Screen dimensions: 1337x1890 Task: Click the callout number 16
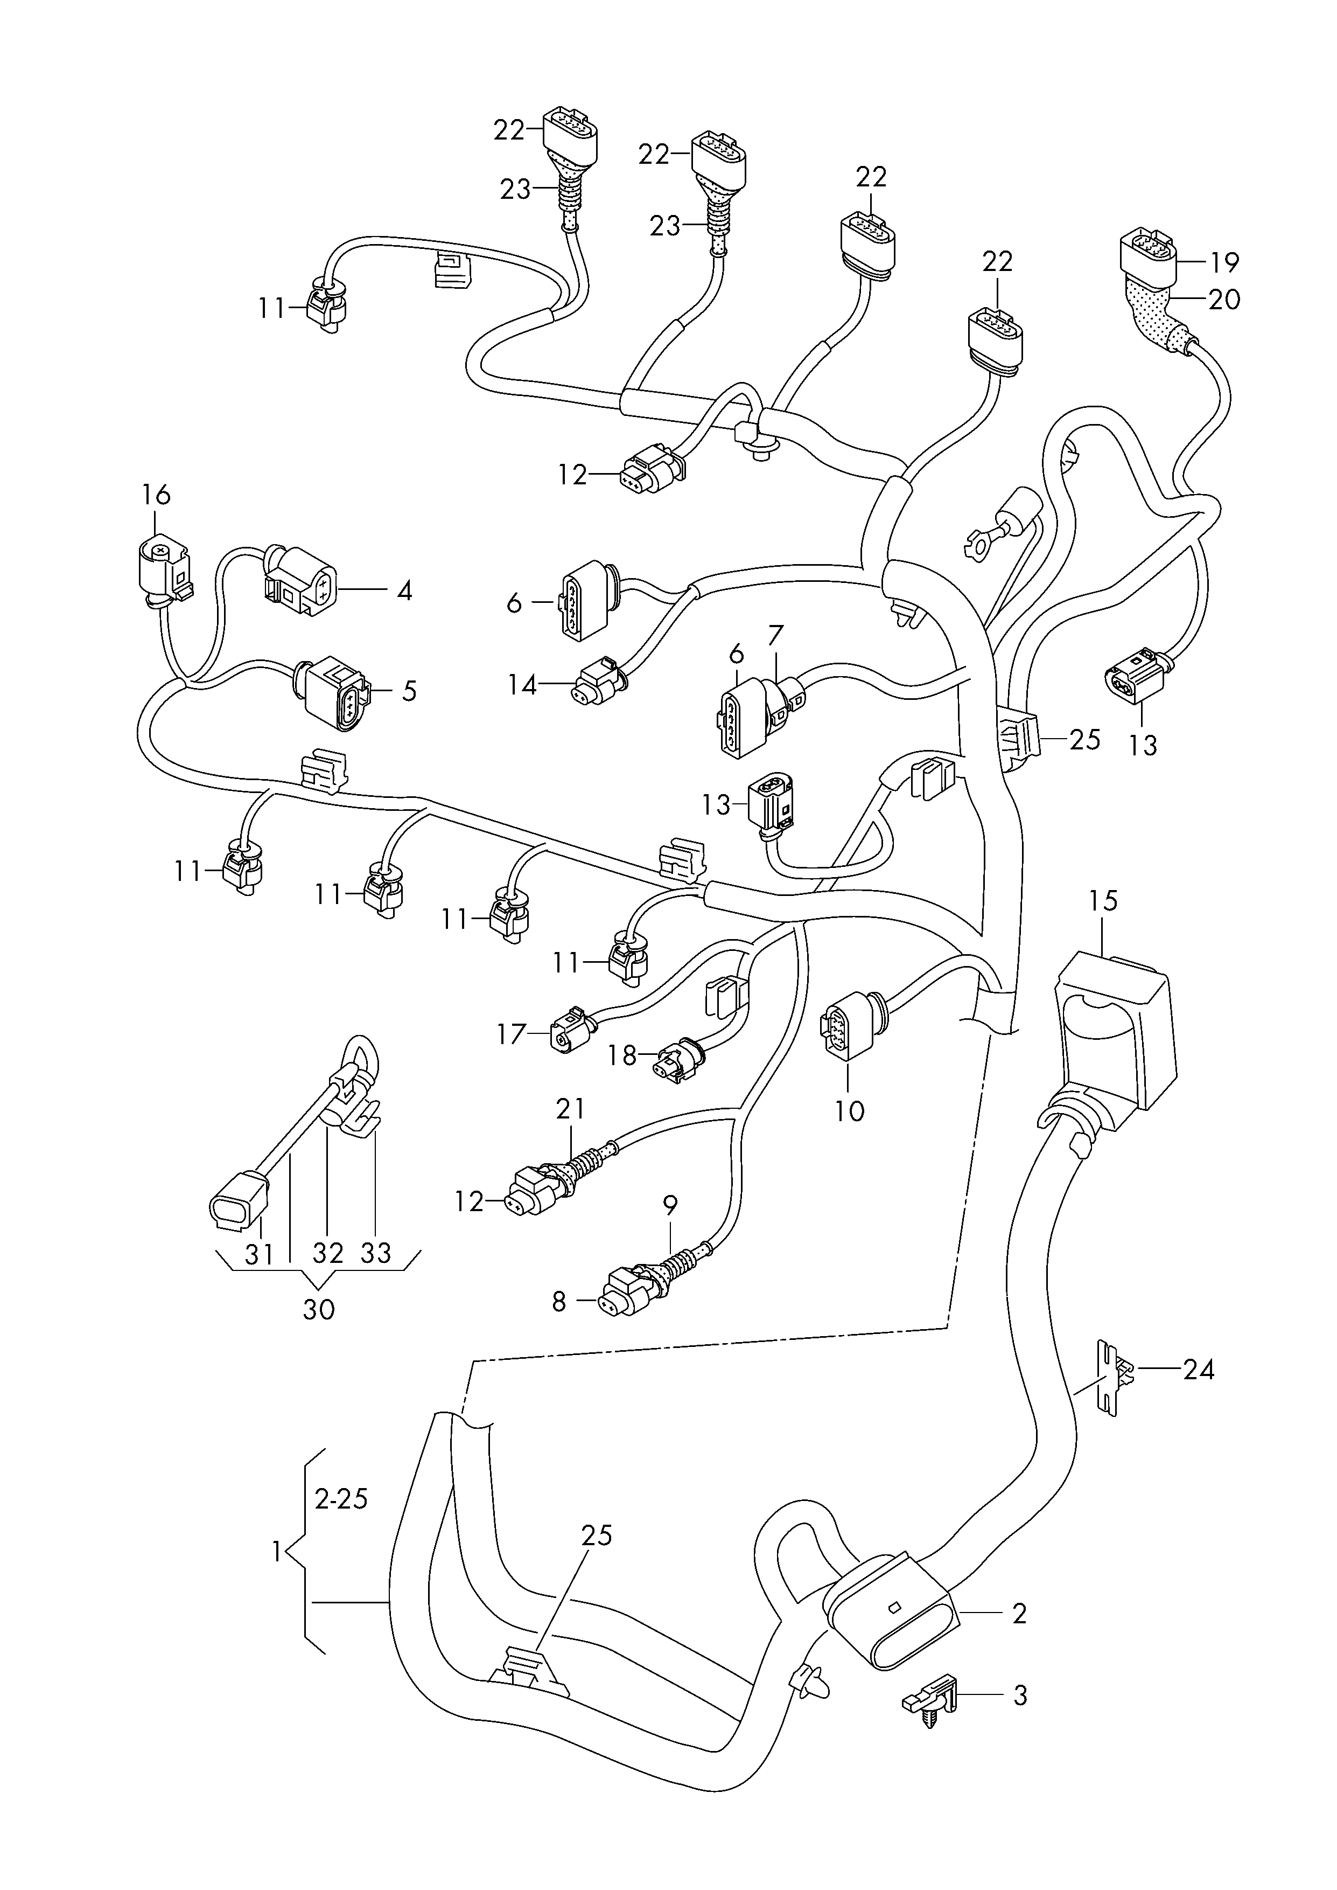coord(156,495)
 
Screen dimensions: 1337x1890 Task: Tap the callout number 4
coord(404,590)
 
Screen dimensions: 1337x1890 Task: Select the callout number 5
coord(409,690)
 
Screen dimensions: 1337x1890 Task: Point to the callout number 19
coord(1225,263)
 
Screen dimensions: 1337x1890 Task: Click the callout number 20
coord(1225,299)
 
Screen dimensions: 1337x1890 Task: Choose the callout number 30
coord(319,1309)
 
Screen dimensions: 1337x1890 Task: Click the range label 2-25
coord(341,1499)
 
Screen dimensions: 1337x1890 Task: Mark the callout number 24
coord(1199,1370)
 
